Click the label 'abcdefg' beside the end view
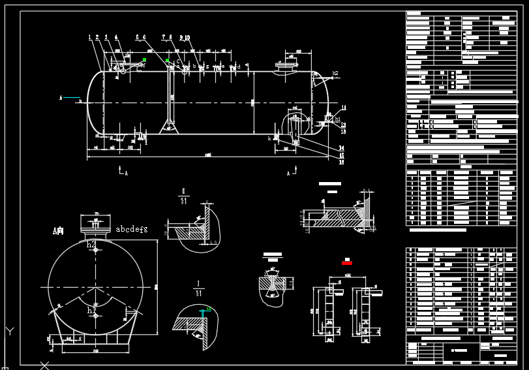click(132, 229)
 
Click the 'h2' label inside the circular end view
click(91, 245)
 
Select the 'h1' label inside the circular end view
click(91, 311)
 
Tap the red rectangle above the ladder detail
click(346, 263)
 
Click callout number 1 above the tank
click(90, 38)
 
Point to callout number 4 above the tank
click(116, 38)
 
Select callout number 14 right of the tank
click(341, 148)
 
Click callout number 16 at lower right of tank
click(341, 162)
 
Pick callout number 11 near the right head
click(344, 108)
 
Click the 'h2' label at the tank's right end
click(335, 73)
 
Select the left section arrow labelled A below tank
click(122, 172)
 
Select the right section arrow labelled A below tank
click(290, 172)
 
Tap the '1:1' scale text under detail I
click(198, 295)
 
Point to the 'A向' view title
click(59, 231)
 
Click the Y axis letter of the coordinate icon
click(9, 331)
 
